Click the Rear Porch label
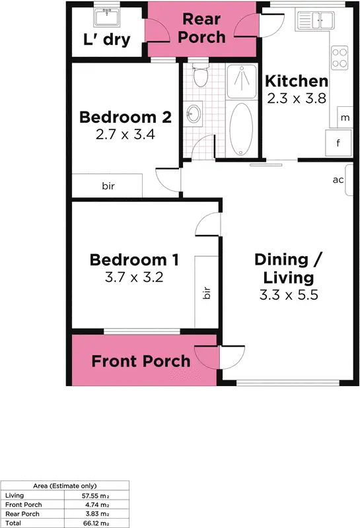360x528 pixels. [x=201, y=28]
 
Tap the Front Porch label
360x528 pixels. [x=141, y=361]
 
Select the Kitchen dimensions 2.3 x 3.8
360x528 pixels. [x=296, y=99]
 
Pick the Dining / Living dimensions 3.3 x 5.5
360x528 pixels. [x=289, y=294]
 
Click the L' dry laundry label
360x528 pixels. [x=106, y=40]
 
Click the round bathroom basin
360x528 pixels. [x=193, y=114]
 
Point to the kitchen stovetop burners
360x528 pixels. [x=339, y=57]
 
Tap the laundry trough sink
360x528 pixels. [x=106, y=16]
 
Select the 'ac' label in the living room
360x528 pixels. [x=338, y=180]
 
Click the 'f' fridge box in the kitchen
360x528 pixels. [x=338, y=141]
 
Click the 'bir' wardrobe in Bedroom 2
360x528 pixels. [x=107, y=185]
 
